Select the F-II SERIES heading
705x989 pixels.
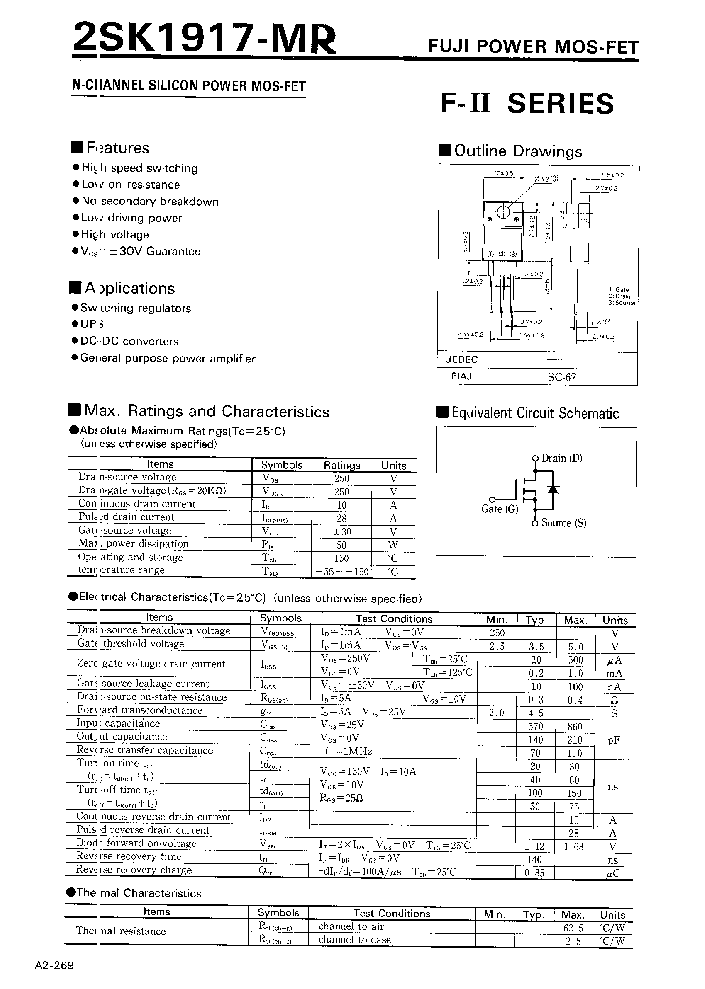[527, 104]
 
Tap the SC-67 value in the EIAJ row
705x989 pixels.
[562, 377]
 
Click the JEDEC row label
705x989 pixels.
[461, 359]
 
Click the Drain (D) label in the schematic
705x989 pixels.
[561, 458]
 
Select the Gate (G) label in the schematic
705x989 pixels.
[499, 509]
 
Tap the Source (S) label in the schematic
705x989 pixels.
[563, 523]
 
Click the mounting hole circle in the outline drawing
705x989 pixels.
[503, 212]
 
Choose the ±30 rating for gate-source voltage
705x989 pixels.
[342, 531]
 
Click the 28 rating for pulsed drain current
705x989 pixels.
[342, 518]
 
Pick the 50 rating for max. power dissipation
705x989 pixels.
[342, 545]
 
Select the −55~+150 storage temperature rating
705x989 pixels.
[342, 571]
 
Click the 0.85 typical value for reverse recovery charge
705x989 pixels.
[535, 873]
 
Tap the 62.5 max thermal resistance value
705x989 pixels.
[573, 928]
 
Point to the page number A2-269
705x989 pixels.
[55, 966]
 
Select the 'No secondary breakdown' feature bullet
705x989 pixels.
[150, 201]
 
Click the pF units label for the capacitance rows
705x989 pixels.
[614, 740]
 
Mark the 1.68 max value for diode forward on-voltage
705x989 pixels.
[574, 846]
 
